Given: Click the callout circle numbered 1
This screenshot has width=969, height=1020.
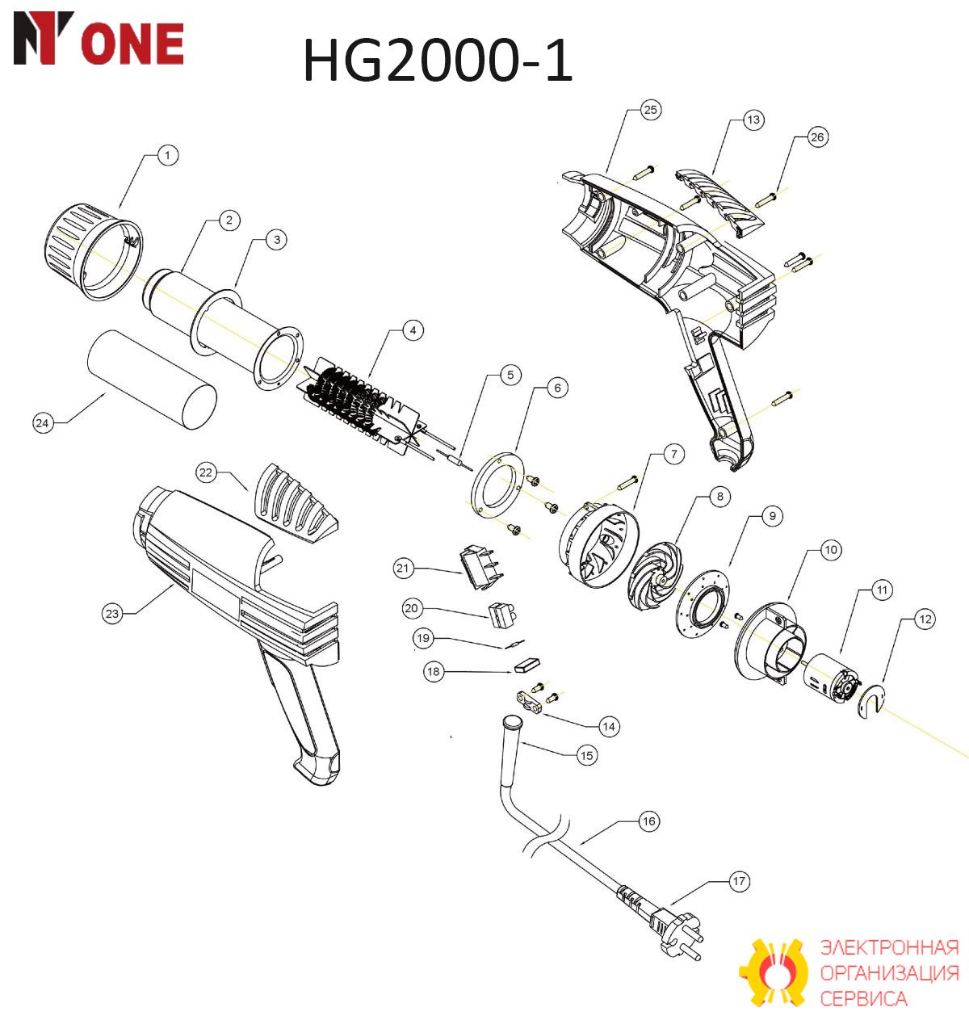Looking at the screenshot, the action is coord(167,155).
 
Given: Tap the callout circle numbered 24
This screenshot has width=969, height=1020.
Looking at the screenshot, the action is coord(43,423).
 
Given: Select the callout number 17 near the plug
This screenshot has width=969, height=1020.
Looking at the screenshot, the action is coord(739,881).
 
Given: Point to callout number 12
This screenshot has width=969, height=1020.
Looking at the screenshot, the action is coord(925,619).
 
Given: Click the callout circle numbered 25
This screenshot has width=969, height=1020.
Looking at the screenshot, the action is coord(650,110).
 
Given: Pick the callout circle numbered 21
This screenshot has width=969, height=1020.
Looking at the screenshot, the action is coord(403,568).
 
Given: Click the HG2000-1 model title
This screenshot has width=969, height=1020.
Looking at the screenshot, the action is coord(438,61).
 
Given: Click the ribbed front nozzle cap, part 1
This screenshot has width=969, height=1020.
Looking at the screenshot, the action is coord(94,253).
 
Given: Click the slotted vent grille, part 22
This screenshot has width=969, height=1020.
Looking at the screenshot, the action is coord(295,503).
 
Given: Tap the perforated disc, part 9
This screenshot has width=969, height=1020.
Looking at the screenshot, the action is coord(703,603).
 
